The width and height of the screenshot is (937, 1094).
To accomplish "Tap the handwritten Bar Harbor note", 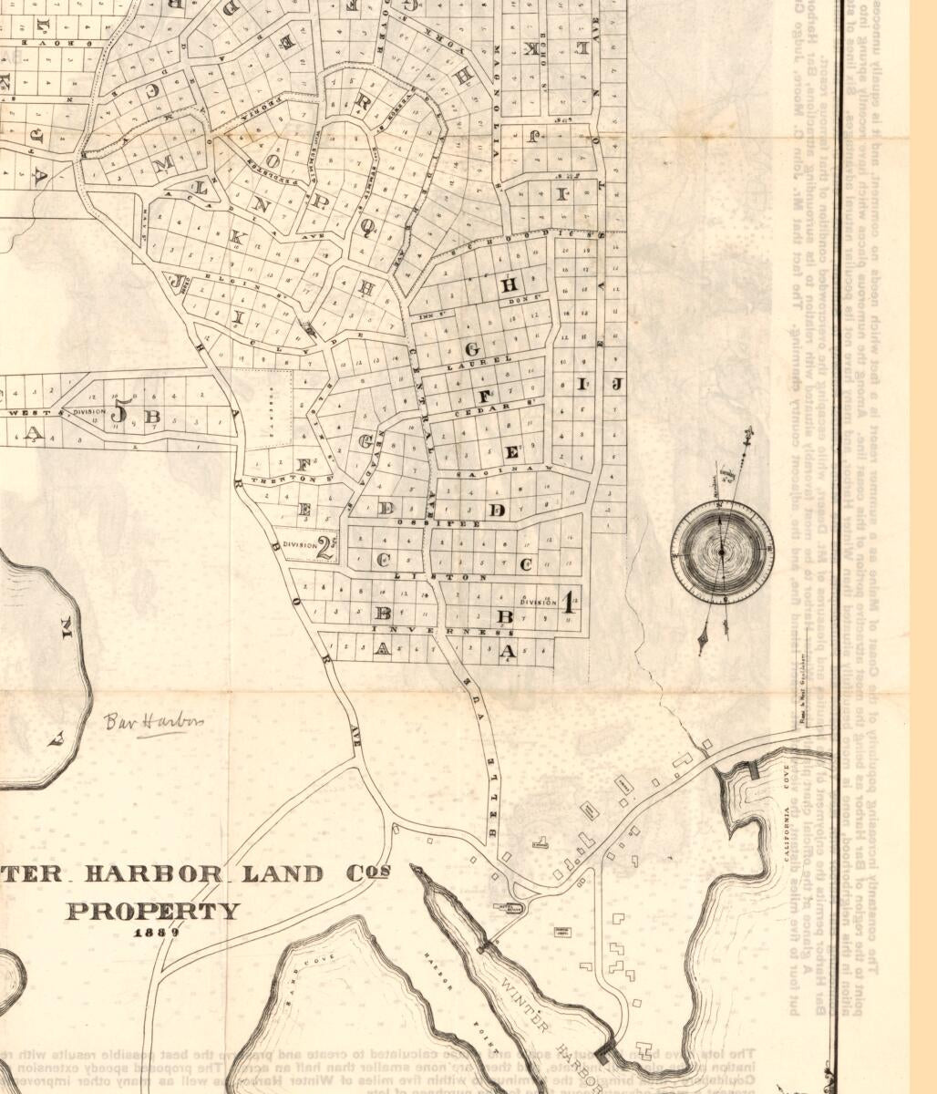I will click(153, 722).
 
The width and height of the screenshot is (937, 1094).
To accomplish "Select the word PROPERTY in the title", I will click(153, 911).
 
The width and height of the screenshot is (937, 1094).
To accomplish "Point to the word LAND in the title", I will click(282, 873).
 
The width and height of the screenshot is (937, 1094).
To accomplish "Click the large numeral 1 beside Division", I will click(567, 601).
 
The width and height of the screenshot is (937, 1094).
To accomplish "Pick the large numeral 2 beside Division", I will click(323, 546).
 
